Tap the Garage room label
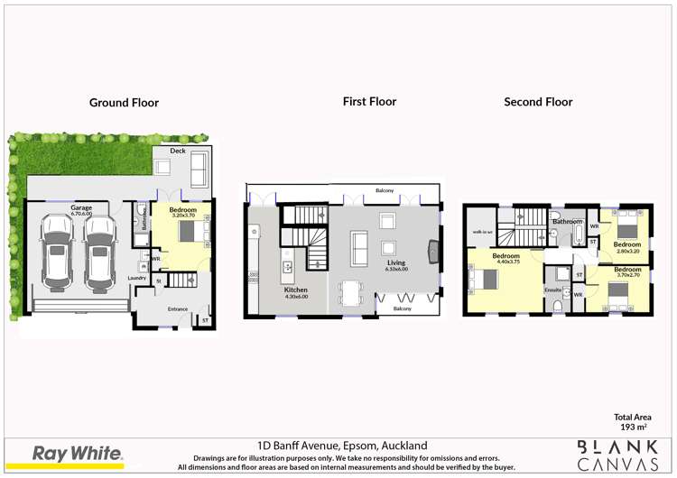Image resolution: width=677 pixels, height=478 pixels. click(x=81, y=207)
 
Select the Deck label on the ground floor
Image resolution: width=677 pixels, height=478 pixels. click(x=178, y=151)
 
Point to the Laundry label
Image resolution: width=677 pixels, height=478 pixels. click(x=137, y=278)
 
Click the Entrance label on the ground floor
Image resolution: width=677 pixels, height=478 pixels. click(x=178, y=309)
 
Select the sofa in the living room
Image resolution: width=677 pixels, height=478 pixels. click(x=358, y=244)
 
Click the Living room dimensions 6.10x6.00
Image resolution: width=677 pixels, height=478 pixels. click(x=396, y=270)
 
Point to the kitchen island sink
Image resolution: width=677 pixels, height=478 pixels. click(x=288, y=266)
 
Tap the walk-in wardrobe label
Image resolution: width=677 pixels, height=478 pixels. click(x=481, y=232)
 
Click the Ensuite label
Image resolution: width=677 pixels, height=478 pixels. click(x=553, y=290)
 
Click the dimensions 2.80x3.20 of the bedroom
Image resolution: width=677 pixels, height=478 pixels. click(x=627, y=251)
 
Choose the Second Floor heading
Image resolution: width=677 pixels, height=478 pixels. click(x=538, y=102)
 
